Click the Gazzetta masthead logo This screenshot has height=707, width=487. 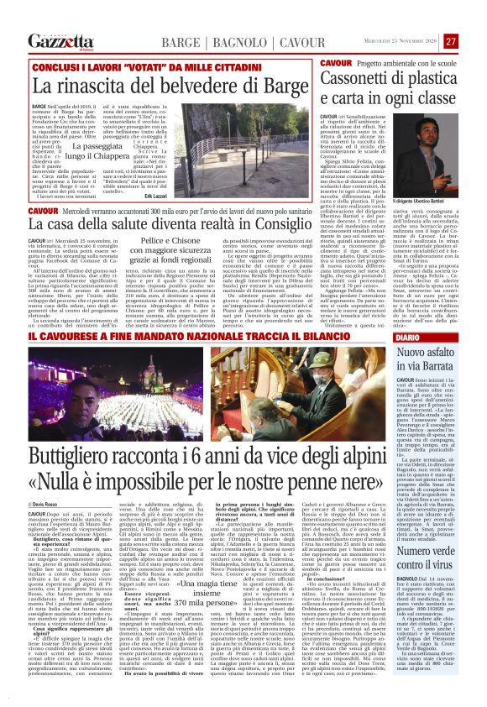[x=60, y=40]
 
